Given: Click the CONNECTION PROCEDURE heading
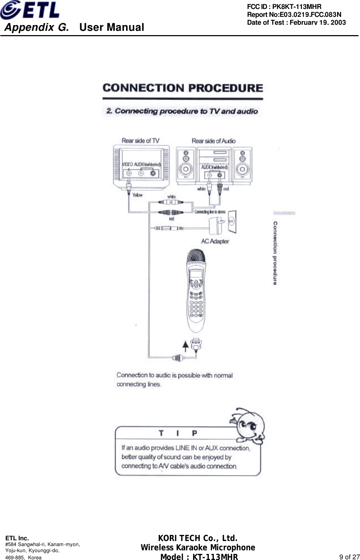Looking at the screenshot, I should tap(183, 88).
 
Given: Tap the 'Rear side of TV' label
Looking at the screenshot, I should tap(140, 140).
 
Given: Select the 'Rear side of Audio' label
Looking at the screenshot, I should tap(213, 141).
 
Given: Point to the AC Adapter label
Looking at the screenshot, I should tap(215, 241).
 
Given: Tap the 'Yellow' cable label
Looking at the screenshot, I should tap(137, 195).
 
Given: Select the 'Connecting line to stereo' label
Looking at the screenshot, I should tap(210, 212).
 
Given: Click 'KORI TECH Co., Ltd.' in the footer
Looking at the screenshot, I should tap(198, 539).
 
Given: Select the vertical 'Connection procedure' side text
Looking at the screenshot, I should tap(275, 253).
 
